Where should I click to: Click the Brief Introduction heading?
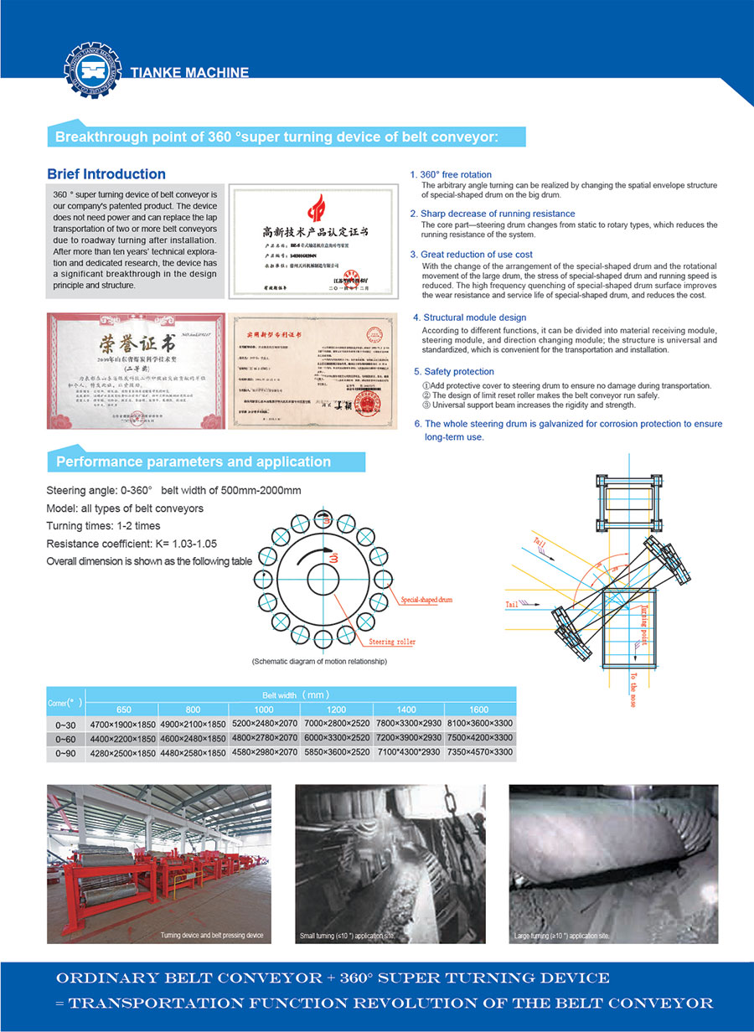106,174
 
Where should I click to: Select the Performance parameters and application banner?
194,462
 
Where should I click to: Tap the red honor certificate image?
136,369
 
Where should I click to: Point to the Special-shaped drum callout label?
427,600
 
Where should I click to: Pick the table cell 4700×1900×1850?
122,724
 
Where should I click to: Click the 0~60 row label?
65,739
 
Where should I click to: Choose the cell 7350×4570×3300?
480,752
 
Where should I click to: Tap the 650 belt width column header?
123,709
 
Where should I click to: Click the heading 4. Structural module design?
469,317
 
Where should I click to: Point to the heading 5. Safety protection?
454,371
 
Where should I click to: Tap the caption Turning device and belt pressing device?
211,935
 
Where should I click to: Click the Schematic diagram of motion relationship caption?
319,662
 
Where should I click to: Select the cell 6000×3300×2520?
337,738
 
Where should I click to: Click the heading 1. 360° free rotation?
451,175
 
